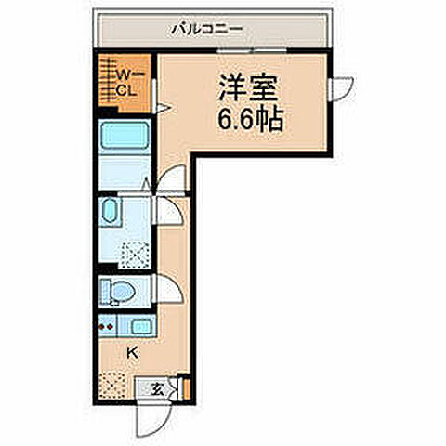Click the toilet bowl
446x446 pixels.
(117, 292)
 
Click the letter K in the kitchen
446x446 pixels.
(132, 352)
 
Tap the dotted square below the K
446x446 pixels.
(113, 383)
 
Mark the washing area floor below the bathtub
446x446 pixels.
(125, 172)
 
